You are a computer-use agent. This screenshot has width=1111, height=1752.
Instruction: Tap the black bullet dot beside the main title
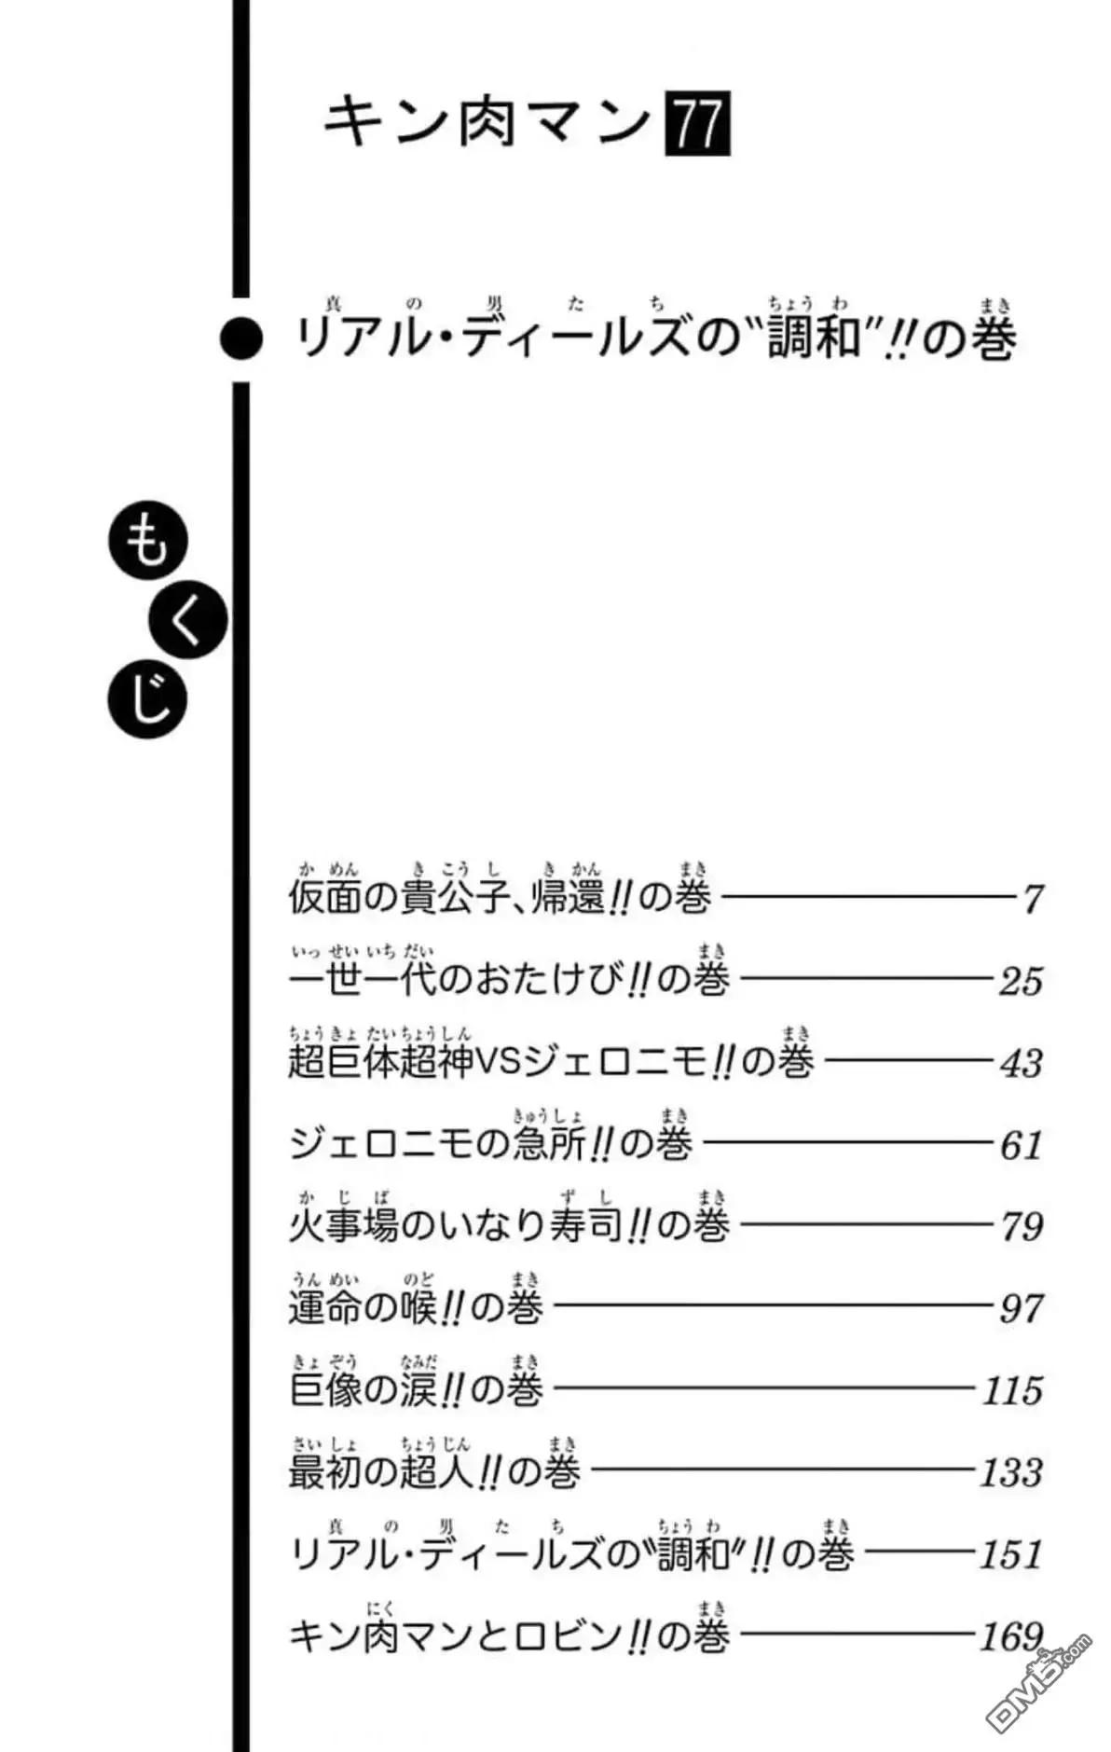pos(241,339)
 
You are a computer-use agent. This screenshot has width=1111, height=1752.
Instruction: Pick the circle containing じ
pos(148,699)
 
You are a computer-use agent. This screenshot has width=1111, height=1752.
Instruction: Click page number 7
pos(1032,900)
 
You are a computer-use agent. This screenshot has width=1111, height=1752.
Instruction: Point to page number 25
pos(1021,982)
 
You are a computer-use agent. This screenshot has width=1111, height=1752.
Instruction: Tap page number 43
pos(1021,1063)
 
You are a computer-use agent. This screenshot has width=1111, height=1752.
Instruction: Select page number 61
pos(1021,1145)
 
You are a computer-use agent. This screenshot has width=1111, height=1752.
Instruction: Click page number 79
pos(1021,1226)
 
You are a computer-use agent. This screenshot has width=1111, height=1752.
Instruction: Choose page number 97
pos(1021,1308)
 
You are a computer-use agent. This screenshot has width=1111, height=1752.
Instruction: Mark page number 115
pos(1013,1390)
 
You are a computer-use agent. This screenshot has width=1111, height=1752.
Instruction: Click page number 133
pos(1011,1472)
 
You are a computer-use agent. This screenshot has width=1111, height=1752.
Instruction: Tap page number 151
pos(1011,1554)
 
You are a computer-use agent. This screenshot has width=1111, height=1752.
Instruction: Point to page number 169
pos(1011,1636)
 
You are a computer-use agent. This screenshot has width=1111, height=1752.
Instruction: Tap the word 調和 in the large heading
pos(810,338)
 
